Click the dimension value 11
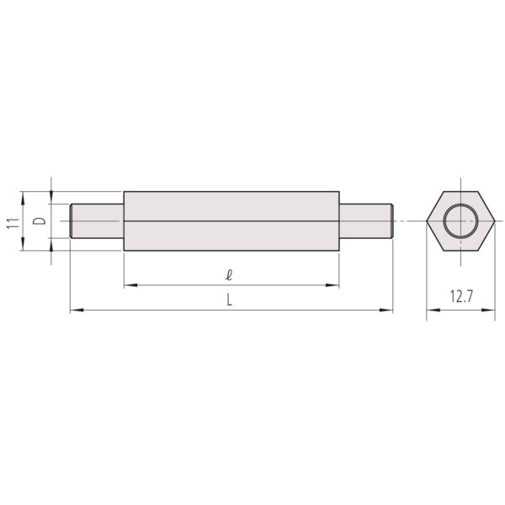pos(12,222)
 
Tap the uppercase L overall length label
pos(229,300)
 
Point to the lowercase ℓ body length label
pos(229,274)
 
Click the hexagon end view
pos(460,221)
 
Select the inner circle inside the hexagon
pos(460,221)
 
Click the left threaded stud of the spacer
pos(97,221)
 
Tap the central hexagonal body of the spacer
pos(231,221)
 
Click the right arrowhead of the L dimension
pos(389,311)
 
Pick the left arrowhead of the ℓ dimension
pos(129,286)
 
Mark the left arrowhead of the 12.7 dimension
pos(431,311)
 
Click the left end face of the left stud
pos(71,221)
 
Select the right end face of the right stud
pos(392,221)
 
